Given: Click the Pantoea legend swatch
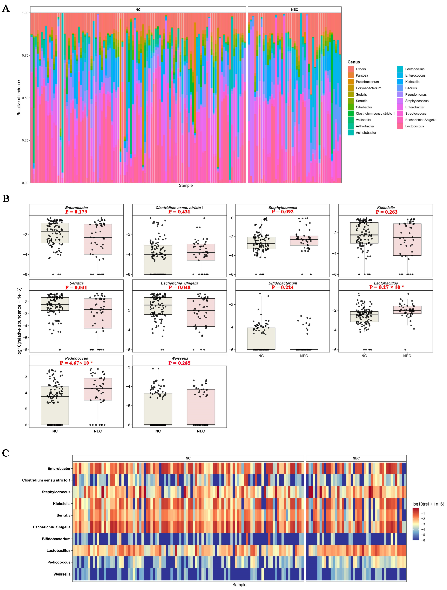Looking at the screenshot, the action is (351, 75).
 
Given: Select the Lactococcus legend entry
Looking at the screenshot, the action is (414, 126).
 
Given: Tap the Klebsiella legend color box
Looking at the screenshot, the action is (400, 82).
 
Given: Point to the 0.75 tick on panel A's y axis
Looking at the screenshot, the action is (25, 55).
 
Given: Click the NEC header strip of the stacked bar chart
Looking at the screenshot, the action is (294, 10).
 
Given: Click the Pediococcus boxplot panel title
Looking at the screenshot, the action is (76, 358).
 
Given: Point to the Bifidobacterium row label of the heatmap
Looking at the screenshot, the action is (56, 539).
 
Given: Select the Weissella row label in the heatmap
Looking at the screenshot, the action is (62, 574).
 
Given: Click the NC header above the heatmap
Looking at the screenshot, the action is (188, 458).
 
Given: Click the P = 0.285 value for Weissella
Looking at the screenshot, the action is (179, 363).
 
